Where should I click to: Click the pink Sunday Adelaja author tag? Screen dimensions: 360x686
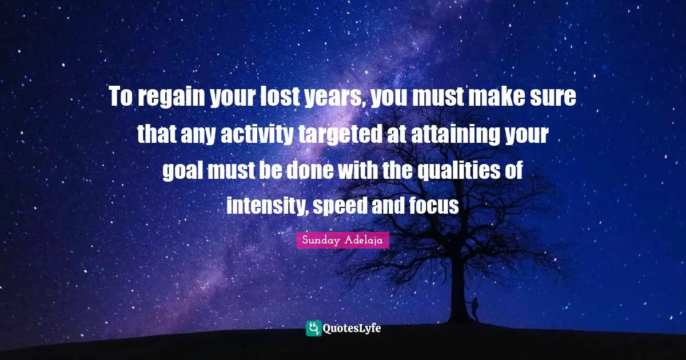[343, 241]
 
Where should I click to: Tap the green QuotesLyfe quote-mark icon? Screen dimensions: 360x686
[313, 328]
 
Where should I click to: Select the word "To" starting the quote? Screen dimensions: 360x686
[121, 98]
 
